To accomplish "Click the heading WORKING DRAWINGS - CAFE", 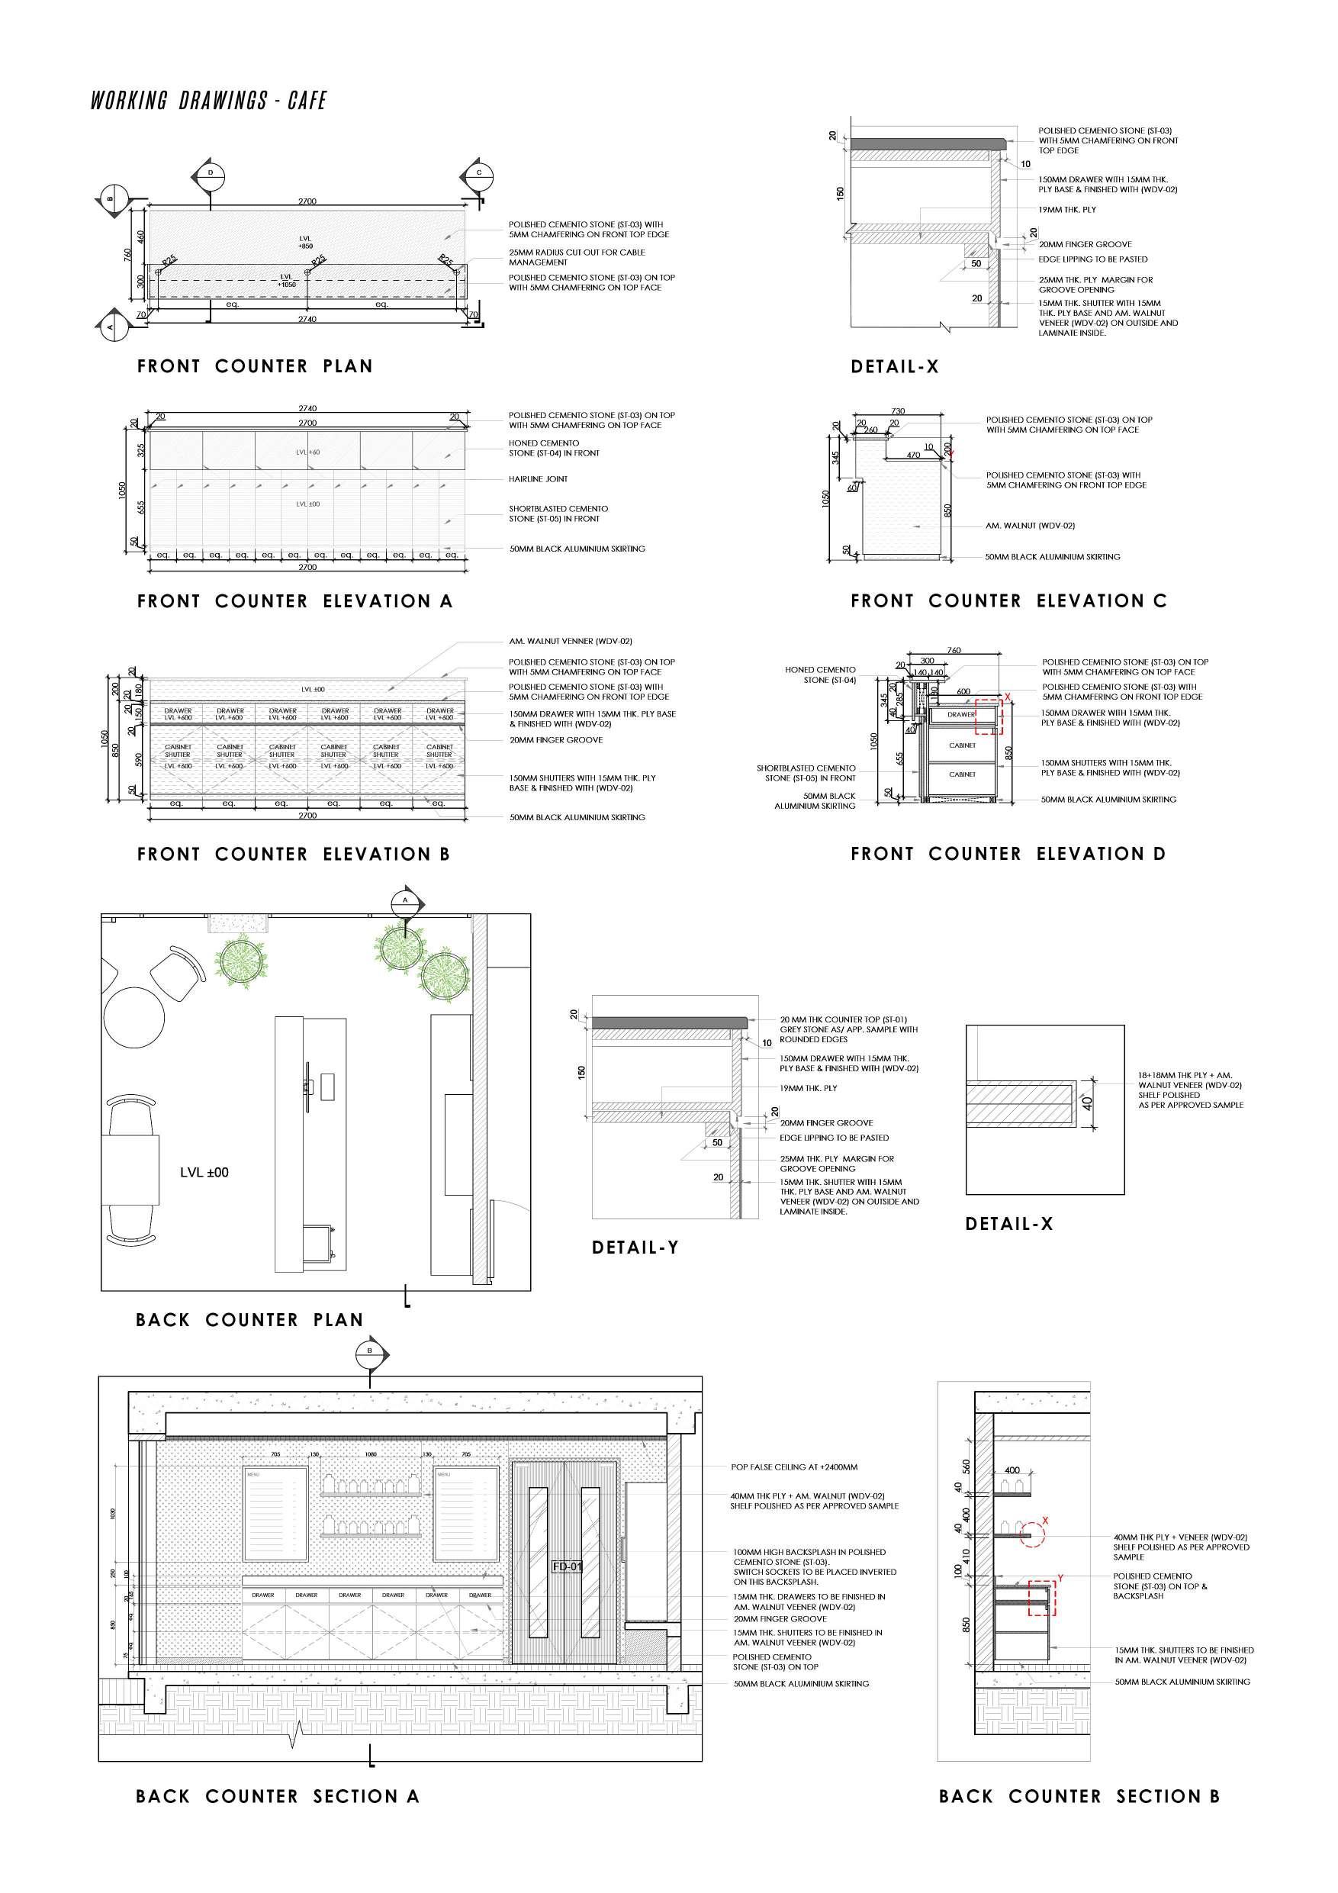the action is (x=208, y=101).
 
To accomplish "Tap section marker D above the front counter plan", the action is (x=211, y=173).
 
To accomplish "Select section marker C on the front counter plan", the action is (x=479, y=173).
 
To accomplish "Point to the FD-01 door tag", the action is (x=568, y=1566).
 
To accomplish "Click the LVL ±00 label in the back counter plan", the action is (x=204, y=1171).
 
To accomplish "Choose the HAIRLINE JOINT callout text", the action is (x=538, y=479).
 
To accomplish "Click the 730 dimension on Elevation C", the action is (x=898, y=410).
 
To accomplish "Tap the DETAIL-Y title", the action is (x=635, y=1248).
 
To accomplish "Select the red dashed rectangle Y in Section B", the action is (x=1042, y=1597).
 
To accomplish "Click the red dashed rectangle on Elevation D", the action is (x=989, y=716).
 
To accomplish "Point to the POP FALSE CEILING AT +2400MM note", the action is (x=793, y=1466).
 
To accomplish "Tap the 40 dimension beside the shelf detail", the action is (x=1087, y=1102).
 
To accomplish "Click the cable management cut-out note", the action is (x=576, y=256).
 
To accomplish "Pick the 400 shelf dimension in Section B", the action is (x=1012, y=1470).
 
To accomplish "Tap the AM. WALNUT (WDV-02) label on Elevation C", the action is (x=1030, y=525).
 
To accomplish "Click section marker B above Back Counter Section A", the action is (x=370, y=1351).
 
